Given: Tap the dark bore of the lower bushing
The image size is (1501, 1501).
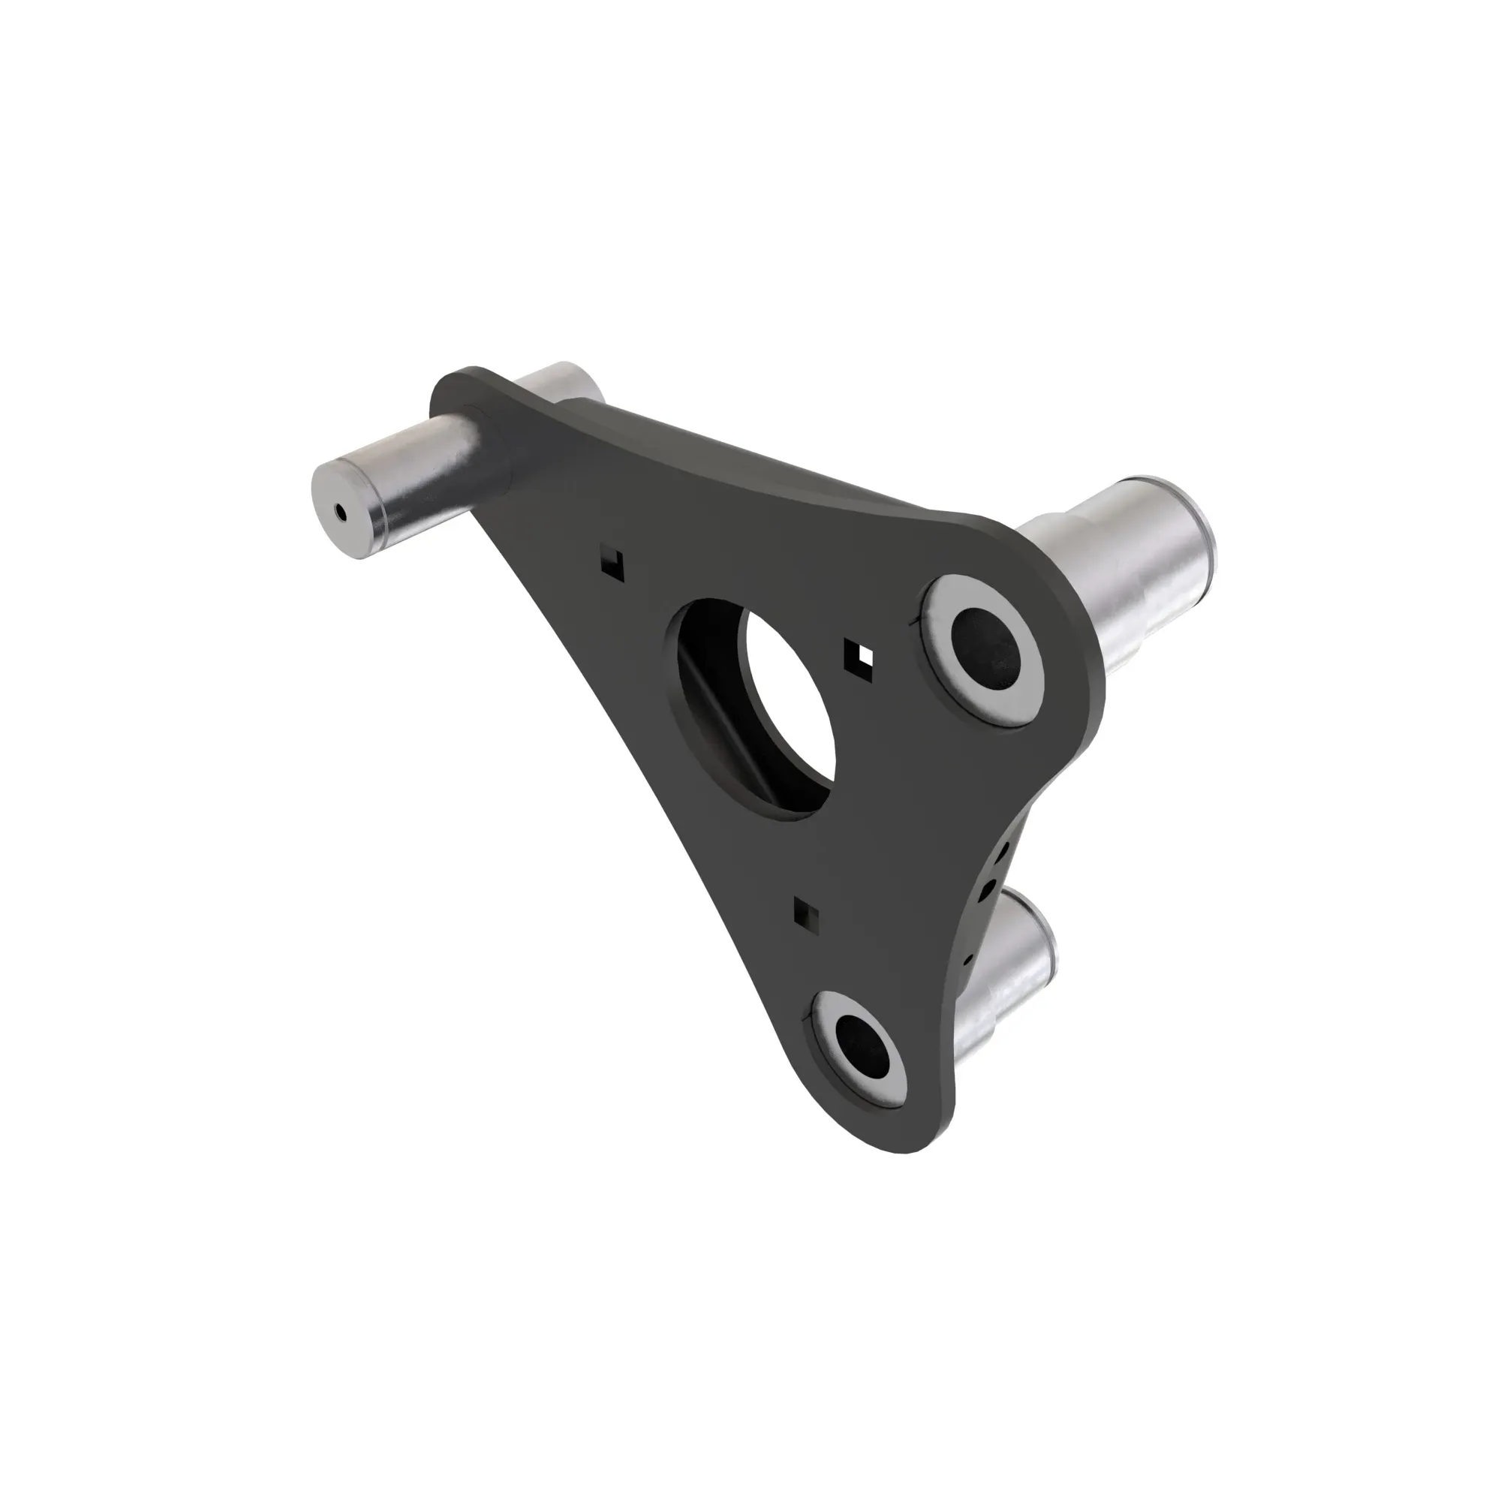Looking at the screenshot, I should [865, 1050].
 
